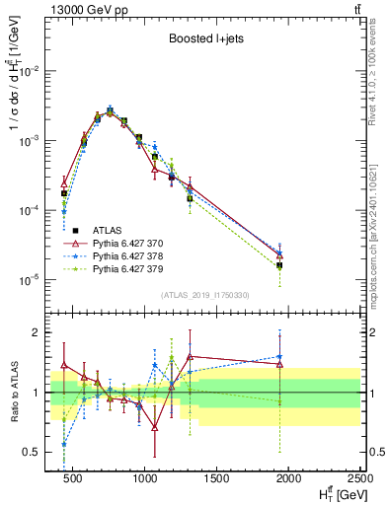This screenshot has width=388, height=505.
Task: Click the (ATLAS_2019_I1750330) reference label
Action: [205, 295]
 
